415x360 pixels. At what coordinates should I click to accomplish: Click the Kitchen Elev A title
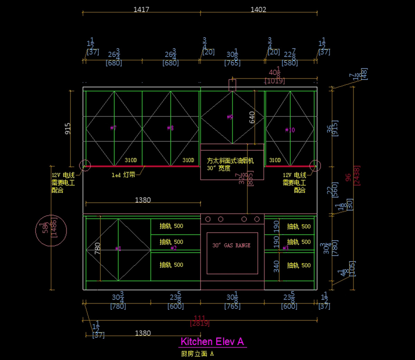(x=212, y=342)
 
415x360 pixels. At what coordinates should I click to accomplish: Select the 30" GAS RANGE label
(x=231, y=245)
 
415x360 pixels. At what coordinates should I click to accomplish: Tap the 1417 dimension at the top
(x=141, y=9)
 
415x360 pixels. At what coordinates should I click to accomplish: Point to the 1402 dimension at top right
(x=258, y=9)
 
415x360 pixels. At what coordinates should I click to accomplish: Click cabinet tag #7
(x=113, y=128)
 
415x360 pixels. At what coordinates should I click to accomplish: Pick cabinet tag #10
(x=290, y=130)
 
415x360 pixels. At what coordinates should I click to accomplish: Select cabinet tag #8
(x=170, y=128)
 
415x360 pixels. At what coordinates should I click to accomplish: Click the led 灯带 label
(x=123, y=175)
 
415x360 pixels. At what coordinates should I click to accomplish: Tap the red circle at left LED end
(x=85, y=166)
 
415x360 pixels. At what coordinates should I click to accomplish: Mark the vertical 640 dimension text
(x=252, y=117)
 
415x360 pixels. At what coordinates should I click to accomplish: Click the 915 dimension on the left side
(x=68, y=128)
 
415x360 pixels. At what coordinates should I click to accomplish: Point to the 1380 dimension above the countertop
(x=143, y=200)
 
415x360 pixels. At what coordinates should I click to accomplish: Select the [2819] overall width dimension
(x=200, y=323)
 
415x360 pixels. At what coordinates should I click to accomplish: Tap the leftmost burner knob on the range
(x=208, y=219)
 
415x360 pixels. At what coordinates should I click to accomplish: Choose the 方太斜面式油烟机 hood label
(x=230, y=161)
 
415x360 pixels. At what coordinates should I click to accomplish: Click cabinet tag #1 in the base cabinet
(x=118, y=249)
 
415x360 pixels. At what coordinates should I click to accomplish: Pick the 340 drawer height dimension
(x=276, y=266)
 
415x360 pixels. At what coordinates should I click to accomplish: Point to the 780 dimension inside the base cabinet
(x=98, y=248)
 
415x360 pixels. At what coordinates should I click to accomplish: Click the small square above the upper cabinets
(x=232, y=85)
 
